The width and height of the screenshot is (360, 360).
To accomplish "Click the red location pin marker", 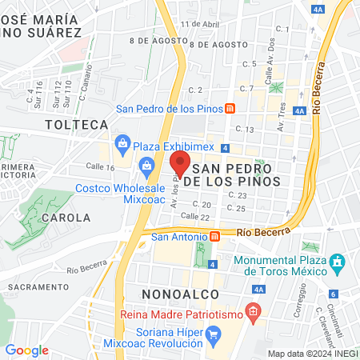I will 180,163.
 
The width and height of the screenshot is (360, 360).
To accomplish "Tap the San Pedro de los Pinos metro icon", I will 230,109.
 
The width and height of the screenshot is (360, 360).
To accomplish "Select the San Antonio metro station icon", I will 214,237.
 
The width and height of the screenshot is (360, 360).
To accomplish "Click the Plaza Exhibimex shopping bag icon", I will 122,144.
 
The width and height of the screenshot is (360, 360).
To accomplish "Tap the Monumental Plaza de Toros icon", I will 338,262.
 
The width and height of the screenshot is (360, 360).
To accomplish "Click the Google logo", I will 26,350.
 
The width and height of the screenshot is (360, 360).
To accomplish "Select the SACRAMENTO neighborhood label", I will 34,286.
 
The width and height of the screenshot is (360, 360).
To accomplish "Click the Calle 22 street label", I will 194,217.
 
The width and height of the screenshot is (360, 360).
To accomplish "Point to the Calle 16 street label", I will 100,167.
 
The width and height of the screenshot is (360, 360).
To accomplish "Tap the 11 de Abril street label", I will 199,24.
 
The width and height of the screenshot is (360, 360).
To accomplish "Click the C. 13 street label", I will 245,129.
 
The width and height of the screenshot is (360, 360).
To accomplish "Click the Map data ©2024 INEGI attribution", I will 312,354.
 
